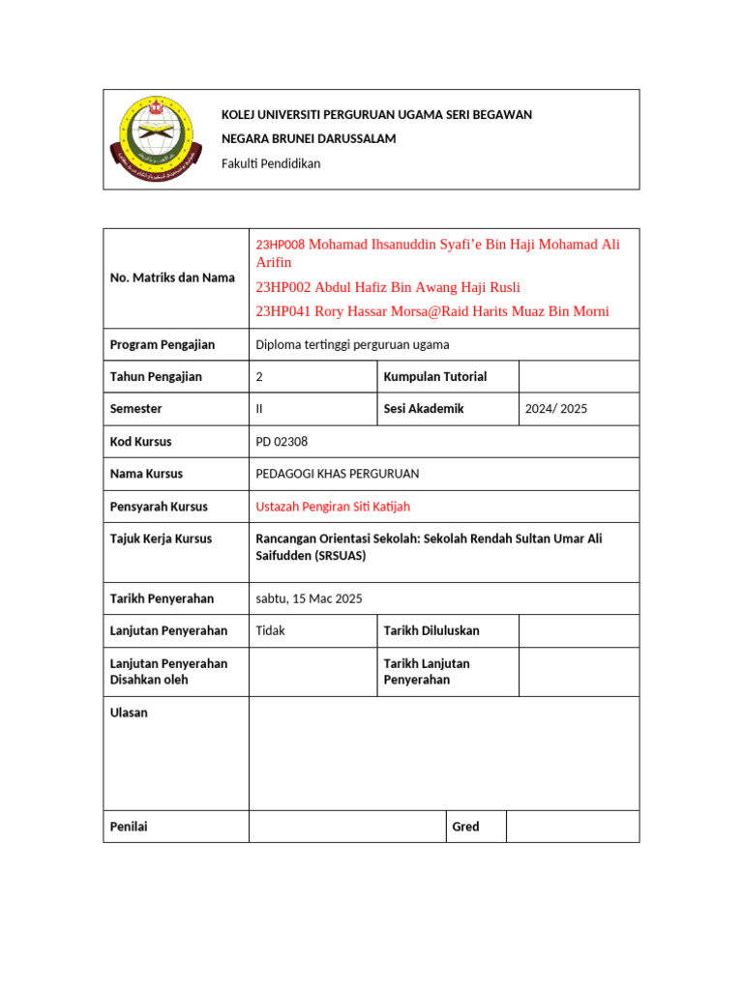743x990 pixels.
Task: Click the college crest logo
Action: (152, 139)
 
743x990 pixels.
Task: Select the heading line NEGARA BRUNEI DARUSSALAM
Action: (309, 139)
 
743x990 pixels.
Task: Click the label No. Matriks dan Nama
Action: (172, 277)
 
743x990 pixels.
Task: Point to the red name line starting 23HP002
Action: (387, 287)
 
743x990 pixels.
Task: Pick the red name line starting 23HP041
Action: (431, 311)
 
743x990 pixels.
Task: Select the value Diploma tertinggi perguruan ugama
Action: (352, 344)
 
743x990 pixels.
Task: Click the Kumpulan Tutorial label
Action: (434, 377)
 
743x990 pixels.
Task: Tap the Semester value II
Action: (259, 409)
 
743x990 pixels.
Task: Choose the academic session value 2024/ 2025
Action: (555, 409)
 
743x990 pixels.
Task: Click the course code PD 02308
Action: (281, 442)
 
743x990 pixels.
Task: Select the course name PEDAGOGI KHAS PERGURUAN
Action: (337, 474)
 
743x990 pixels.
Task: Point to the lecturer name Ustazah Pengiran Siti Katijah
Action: (339, 507)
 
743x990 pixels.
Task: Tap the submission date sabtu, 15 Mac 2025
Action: (309, 598)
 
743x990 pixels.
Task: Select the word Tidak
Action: (270, 630)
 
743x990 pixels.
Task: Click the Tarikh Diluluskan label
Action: (431, 630)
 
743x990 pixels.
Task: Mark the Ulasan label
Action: (129, 713)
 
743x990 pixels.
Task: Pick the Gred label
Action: (465, 827)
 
